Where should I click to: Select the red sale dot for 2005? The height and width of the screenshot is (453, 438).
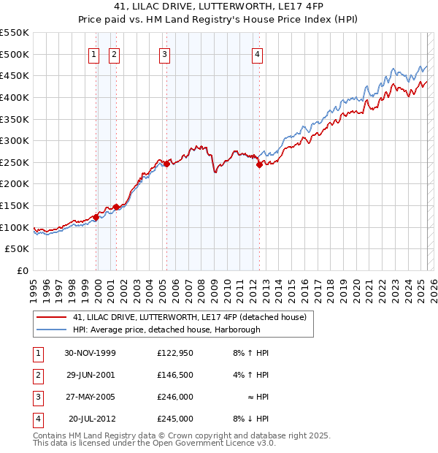166,164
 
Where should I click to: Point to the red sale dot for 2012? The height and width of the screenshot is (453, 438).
259,165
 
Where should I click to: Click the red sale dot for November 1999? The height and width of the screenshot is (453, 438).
96,217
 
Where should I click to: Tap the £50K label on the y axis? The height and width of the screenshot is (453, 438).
18,249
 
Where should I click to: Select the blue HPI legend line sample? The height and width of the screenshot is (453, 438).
52,330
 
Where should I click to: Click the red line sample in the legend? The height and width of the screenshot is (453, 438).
52,317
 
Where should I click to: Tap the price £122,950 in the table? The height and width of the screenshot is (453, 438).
175,353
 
